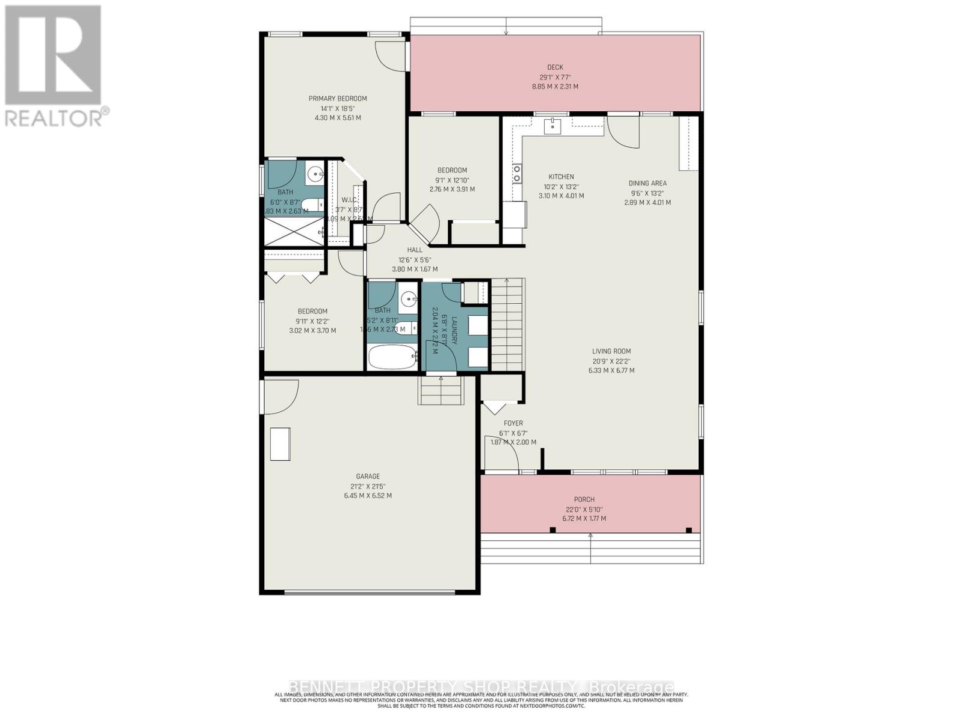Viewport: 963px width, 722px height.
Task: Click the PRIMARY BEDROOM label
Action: tap(338, 99)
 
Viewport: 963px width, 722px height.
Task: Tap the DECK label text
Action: tap(555, 67)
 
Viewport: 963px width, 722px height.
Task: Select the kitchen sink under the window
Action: tap(553, 126)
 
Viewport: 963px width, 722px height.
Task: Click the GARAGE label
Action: tap(367, 477)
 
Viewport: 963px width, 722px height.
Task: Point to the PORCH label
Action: tap(584, 499)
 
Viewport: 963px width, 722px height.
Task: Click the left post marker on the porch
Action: tap(553, 530)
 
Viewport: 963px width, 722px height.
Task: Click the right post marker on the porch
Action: tap(689, 530)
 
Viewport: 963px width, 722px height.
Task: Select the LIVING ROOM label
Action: tap(612, 351)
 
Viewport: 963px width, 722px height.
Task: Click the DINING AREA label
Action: tap(648, 184)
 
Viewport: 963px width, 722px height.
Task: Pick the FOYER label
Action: tap(513, 424)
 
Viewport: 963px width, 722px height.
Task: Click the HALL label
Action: tap(415, 250)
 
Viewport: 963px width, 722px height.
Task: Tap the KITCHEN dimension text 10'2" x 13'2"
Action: tap(561, 186)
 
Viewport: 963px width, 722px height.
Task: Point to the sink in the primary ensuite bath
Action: tap(315, 175)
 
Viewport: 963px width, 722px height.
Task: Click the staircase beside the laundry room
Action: tap(508, 325)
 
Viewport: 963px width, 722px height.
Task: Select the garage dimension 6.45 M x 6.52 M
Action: tap(367, 496)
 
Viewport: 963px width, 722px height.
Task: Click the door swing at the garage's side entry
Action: tap(280, 397)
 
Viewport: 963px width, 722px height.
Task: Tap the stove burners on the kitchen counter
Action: tap(516, 174)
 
